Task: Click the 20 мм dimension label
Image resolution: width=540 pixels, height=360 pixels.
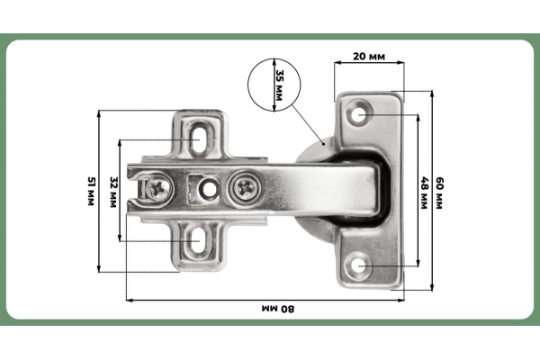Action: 369,57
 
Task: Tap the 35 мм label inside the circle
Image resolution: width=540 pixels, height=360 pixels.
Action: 279,85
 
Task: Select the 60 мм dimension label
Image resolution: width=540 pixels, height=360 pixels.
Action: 439,193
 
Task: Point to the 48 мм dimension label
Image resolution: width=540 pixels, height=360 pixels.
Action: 424,193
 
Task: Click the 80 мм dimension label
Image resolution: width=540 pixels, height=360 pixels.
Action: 278,309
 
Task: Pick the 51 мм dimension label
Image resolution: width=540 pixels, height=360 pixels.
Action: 91,191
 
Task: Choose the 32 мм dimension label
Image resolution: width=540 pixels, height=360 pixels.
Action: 113,192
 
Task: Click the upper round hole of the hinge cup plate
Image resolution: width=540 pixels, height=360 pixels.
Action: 359,114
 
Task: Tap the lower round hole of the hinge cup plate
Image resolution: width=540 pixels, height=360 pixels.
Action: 359,266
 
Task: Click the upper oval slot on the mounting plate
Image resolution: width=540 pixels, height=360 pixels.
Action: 198,139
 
